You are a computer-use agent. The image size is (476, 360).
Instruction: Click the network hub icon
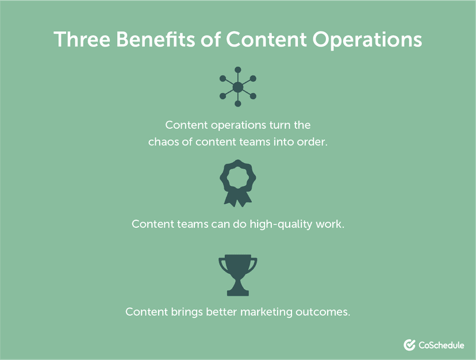click(x=237, y=87)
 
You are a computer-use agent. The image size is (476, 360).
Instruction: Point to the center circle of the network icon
click(x=237, y=87)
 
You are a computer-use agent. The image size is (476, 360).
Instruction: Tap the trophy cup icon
click(x=238, y=274)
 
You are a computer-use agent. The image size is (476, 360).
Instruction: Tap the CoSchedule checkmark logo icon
click(x=410, y=344)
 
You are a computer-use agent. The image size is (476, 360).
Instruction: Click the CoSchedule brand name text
click(x=442, y=344)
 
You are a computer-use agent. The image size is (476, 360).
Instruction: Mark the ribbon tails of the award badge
click(x=238, y=199)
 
